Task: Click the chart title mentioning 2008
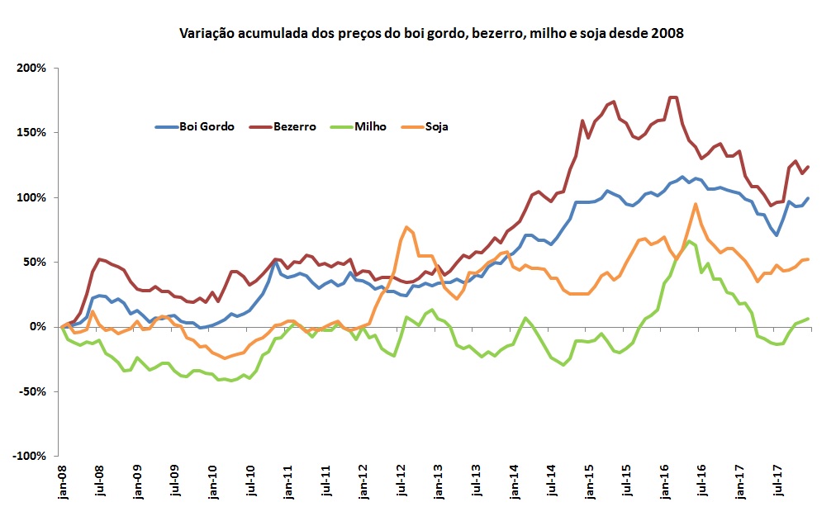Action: (x=431, y=34)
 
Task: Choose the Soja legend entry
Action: (x=432, y=126)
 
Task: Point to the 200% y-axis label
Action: (x=31, y=68)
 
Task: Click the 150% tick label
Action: (x=31, y=132)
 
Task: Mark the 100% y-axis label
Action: (x=31, y=197)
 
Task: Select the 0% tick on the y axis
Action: (x=37, y=327)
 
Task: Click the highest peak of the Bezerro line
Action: (x=672, y=97)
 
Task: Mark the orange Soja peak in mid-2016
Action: (x=696, y=204)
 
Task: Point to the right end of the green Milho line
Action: (x=809, y=319)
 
